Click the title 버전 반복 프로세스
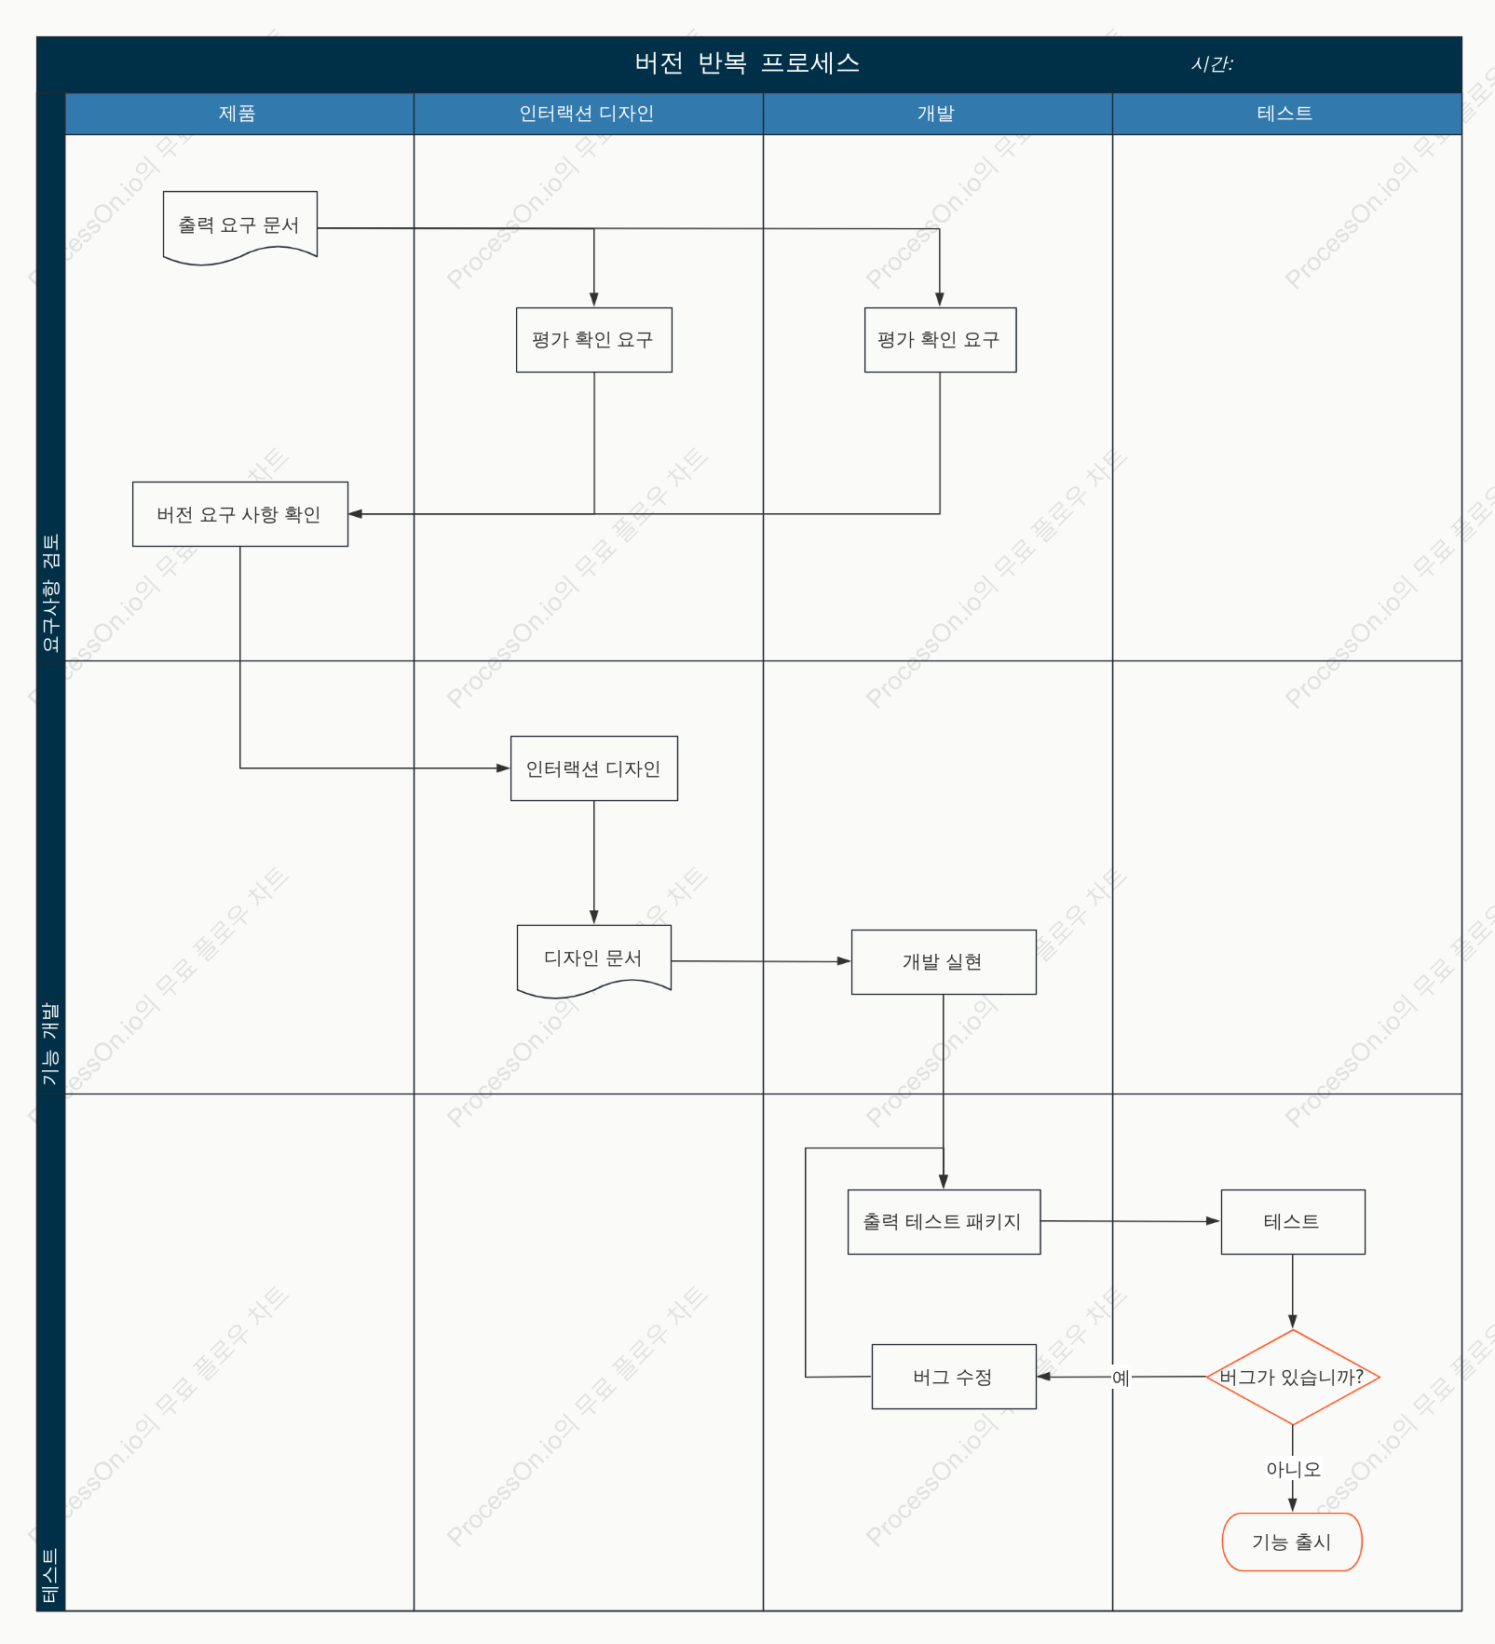point(747,63)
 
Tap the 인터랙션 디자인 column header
point(588,114)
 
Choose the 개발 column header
point(937,114)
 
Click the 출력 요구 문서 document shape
point(240,226)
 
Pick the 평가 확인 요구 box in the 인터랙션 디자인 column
point(594,340)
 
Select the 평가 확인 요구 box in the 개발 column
point(940,340)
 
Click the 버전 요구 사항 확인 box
point(240,514)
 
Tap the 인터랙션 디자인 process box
point(594,768)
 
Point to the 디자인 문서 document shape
point(594,959)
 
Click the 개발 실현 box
point(944,962)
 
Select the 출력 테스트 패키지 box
point(944,1222)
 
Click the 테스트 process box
point(1293,1222)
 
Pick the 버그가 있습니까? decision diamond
point(1293,1377)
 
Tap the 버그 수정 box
point(954,1377)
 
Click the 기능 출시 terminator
point(1292,1542)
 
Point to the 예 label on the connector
point(1121,1378)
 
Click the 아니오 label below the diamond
point(1293,1469)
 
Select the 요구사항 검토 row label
point(51,593)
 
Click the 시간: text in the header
point(1212,64)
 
